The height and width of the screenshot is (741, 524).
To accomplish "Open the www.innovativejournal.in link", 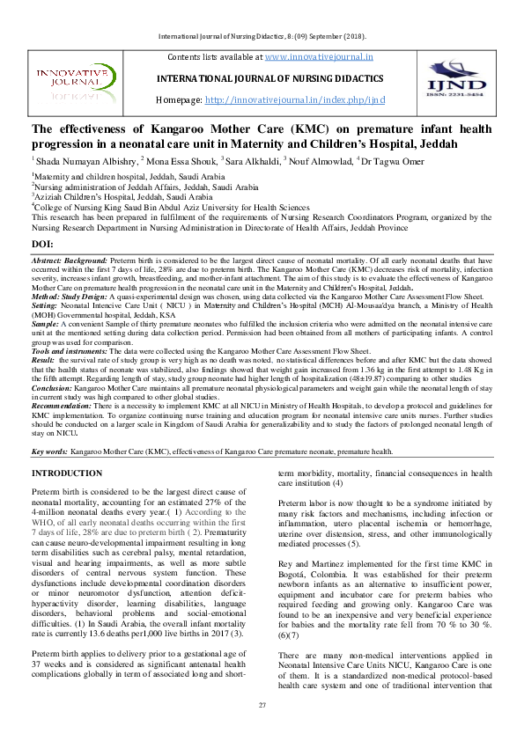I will (318, 56).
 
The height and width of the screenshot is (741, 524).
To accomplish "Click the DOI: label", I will (42, 243).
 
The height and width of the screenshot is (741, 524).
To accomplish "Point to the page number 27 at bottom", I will (262, 706).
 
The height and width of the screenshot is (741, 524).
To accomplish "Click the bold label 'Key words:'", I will (50, 451).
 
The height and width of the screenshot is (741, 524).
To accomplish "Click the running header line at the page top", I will (262, 37).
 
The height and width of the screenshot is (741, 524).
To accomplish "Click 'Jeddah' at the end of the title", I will (461, 143).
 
